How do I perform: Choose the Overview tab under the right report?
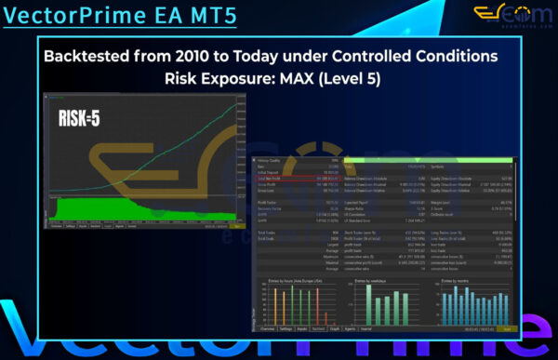267,330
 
